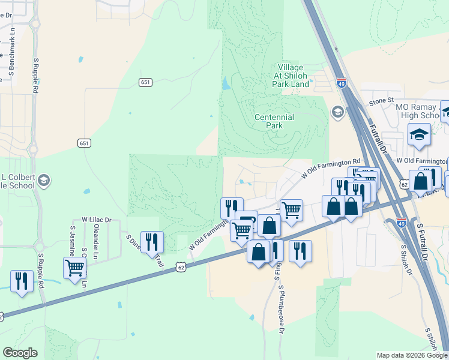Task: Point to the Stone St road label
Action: click(x=381, y=100)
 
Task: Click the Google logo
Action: click(x=20, y=353)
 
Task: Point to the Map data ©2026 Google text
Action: click(x=411, y=355)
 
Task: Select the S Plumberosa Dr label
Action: click(x=280, y=306)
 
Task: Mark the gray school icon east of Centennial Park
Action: click(x=337, y=112)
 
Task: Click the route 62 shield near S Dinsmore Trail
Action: click(x=181, y=266)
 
